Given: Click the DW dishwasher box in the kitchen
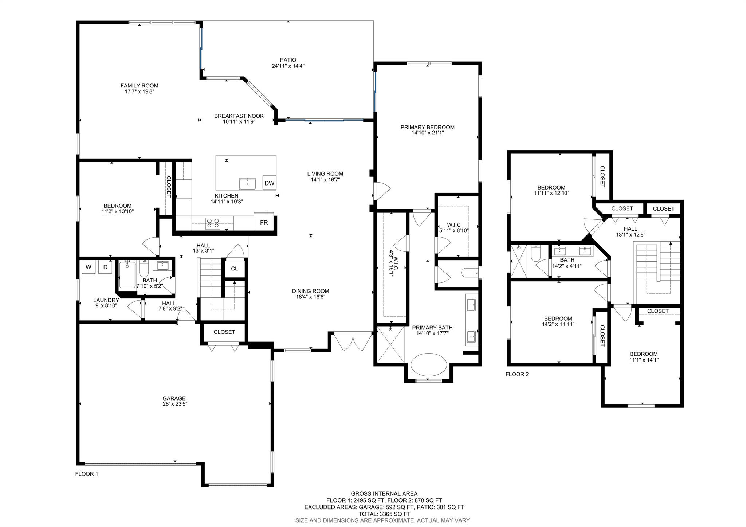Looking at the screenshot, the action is (x=270, y=183).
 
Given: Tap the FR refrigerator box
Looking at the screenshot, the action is (x=264, y=222).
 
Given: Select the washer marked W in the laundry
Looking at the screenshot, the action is (x=88, y=267).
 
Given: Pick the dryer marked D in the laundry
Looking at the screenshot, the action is (x=105, y=267).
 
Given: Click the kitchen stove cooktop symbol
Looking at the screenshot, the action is (x=213, y=223).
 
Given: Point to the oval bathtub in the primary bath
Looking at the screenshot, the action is (x=429, y=366).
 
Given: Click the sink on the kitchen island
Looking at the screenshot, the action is (x=248, y=184).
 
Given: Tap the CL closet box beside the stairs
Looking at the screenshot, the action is (x=234, y=269).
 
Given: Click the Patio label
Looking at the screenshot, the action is (x=288, y=60).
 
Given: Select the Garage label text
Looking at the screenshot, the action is (x=174, y=398).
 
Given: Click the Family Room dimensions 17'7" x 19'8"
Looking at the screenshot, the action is (x=140, y=92).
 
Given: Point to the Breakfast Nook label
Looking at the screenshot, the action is (x=239, y=116).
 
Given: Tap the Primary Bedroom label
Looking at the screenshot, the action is (x=428, y=127).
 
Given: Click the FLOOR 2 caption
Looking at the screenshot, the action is (x=517, y=374).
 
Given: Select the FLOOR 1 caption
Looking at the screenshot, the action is (x=87, y=474).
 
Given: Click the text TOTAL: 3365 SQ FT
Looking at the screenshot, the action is (x=384, y=514).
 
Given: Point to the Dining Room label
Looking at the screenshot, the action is (x=311, y=291).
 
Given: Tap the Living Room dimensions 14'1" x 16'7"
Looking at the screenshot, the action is (x=325, y=180).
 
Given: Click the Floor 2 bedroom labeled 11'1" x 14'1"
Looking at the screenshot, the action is (x=644, y=357).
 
